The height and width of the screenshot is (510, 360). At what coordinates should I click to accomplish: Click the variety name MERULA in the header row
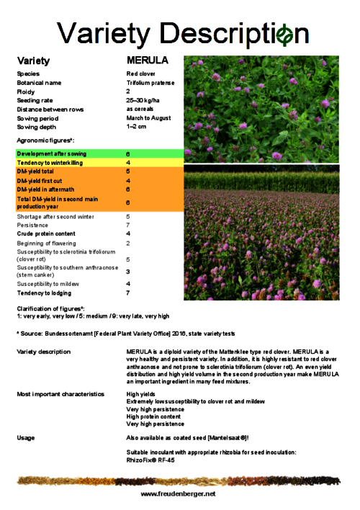pyautogui.click(x=147, y=61)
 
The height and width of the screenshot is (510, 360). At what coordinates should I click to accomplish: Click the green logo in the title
pyautogui.click(x=285, y=33)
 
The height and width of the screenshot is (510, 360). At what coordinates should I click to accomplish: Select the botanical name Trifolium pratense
pyautogui.click(x=150, y=83)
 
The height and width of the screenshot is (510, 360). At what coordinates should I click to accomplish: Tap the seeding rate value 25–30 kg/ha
pyautogui.click(x=143, y=100)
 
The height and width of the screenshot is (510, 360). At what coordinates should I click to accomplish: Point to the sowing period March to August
pyautogui.click(x=148, y=117)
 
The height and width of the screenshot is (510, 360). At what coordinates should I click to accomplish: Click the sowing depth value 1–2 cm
pyautogui.click(x=136, y=126)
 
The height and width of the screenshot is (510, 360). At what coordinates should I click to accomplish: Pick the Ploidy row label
pyautogui.click(x=26, y=91)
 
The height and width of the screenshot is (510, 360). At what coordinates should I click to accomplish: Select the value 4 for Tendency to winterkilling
pyautogui.click(x=128, y=163)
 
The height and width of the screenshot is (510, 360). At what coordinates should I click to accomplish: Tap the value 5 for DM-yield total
pyautogui.click(x=128, y=171)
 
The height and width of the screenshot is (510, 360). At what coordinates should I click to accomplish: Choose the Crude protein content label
pyautogui.click(x=45, y=233)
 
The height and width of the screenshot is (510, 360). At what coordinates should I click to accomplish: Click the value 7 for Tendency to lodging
pyautogui.click(x=128, y=292)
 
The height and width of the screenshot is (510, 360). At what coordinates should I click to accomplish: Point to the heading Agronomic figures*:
pyautogui.click(x=46, y=140)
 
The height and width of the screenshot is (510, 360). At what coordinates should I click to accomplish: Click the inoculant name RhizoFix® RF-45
pyautogui.click(x=150, y=460)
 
